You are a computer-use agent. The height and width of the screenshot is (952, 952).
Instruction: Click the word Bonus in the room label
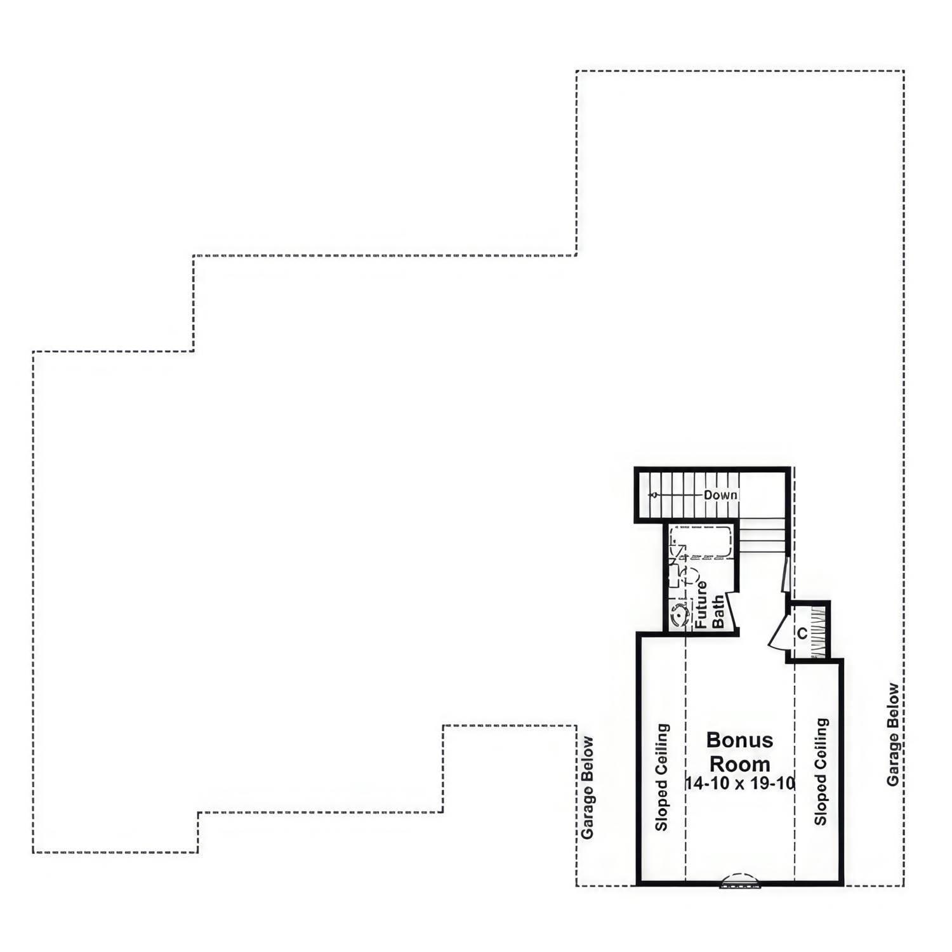coord(739,740)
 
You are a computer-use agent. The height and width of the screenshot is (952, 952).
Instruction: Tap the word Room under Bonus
coord(739,764)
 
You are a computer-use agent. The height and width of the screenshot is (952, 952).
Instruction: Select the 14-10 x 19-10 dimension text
coord(740,784)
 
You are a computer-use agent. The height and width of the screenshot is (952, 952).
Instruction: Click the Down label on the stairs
coord(720,495)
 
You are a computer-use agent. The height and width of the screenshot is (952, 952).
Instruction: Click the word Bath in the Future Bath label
coord(718,611)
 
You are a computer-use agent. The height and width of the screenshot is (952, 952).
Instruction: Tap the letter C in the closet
coord(802,633)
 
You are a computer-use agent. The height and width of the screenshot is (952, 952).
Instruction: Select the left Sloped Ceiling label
coord(662,777)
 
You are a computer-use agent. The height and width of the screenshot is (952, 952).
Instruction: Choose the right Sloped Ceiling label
coord(821,771)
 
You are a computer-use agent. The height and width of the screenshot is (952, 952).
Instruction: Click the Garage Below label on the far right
coord(894,734)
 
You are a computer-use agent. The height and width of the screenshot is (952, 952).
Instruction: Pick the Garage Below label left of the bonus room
coord(588,787)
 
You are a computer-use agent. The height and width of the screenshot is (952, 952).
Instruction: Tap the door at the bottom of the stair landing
coord(786,574)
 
